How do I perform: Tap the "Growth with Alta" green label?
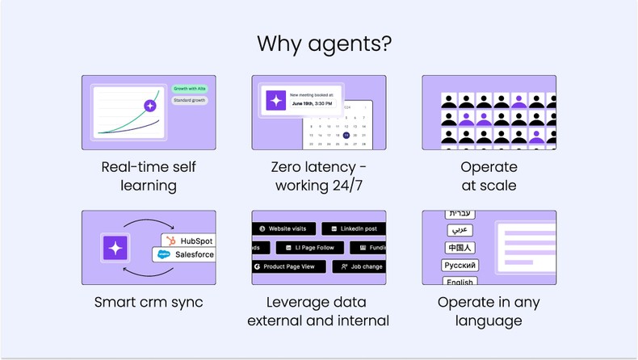coord(190,88)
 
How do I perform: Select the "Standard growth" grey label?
coord(189,101)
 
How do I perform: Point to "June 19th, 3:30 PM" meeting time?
coord(311,103)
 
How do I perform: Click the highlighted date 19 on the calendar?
coord(346,135)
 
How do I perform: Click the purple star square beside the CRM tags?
coord(115,248)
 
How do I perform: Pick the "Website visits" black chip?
coord(283,228)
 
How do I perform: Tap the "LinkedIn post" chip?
coord(352,228)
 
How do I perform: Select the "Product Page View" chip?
coord(288,266)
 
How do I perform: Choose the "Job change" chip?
coord(361,266)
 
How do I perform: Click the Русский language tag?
coord(460,266)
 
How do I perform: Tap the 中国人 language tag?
coord(460,248)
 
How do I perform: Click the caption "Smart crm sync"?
coord(149,303)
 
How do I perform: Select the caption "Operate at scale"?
coord(489,176)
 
